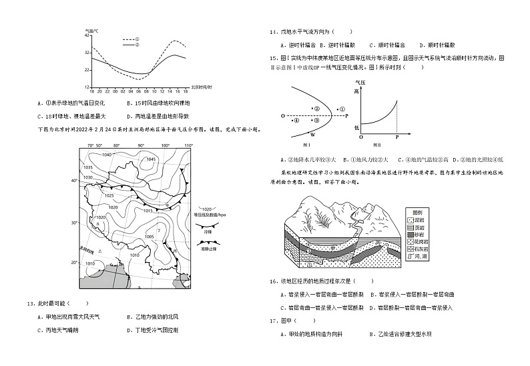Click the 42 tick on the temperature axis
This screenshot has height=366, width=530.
tap(87, 35)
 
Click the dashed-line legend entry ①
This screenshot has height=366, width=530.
tap(130, 39)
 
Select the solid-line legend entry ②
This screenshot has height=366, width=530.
tap(130, 45)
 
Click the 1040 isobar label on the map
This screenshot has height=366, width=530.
tap(107, 155)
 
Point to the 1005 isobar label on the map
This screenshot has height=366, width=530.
tap(150, 237)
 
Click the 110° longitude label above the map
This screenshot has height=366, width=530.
tap(188, 145)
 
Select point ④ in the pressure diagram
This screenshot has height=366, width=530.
tap(298, 121)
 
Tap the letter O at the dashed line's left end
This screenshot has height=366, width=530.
tap(282, 116)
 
